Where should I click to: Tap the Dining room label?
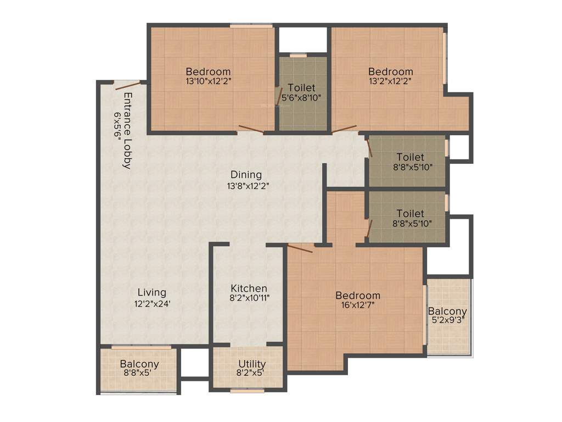(246, 175)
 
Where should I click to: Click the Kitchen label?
(249, 288)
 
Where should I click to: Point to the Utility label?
(252, 364)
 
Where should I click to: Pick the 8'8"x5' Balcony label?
(139, 364)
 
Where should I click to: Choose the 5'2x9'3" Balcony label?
(448, 312)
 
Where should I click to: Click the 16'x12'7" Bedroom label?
(358, 296)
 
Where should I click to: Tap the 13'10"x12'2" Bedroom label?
(208, 71)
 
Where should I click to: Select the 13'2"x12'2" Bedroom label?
(391, 71)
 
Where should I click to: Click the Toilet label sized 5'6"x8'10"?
(301, 88)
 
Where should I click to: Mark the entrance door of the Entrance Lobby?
(127, 85)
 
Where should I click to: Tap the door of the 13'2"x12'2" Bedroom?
(345, 130)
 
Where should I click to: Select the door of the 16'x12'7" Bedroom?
(300, 249)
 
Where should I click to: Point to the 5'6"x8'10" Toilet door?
(279, 96)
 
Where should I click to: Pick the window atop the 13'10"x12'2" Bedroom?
(251, 26)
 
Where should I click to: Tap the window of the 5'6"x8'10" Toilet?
(298, 55)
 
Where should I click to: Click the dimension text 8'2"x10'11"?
(250, 298)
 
